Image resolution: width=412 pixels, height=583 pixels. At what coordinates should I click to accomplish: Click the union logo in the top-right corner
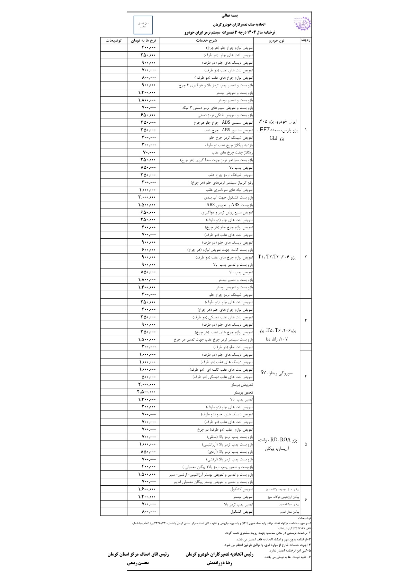[302, 25]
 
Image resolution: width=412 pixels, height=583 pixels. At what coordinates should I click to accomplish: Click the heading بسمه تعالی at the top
[230, 16]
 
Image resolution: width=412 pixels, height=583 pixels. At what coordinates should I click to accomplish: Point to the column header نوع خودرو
[277, 41]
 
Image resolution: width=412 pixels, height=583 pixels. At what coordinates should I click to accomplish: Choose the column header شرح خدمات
[206, 41]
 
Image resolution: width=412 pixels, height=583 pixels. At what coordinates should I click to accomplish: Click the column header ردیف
[306, 41]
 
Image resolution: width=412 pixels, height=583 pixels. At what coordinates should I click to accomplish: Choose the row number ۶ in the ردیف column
[306, 500]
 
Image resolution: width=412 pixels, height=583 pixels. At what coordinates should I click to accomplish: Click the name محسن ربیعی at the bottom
[138, 563]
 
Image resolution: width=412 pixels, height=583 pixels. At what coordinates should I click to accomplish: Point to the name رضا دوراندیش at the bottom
[220, 563]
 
